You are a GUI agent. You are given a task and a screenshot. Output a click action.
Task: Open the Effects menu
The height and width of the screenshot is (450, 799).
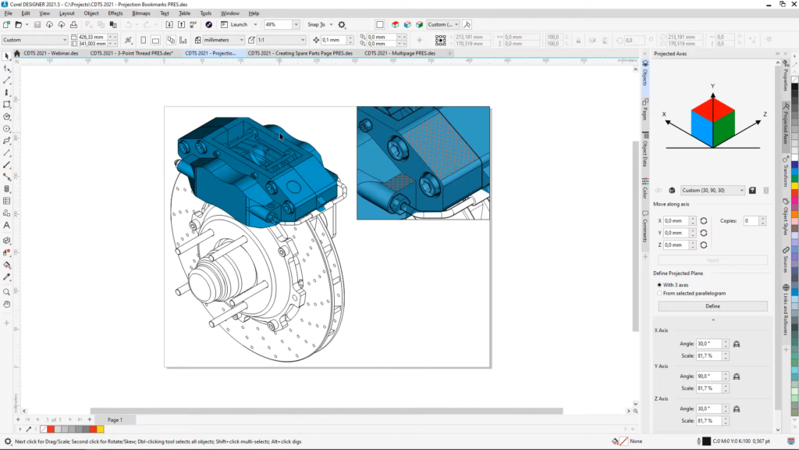pos(115,13)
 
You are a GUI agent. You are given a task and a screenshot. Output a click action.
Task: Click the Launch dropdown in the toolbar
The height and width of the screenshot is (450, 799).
pos(239,25)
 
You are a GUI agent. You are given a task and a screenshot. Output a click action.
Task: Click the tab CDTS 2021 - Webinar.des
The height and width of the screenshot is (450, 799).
pos(50,53)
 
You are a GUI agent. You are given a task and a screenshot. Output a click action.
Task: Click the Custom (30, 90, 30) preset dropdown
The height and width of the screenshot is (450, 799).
pos(712,190)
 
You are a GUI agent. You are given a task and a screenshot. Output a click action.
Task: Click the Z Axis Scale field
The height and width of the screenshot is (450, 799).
pos(707,421)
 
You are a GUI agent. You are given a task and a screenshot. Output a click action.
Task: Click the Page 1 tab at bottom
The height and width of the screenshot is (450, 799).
pos(115,420)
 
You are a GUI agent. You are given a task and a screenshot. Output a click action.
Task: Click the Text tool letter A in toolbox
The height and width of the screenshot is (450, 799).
pos(7,225)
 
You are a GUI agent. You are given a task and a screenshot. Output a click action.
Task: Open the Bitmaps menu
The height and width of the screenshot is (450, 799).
pos(141,13)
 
